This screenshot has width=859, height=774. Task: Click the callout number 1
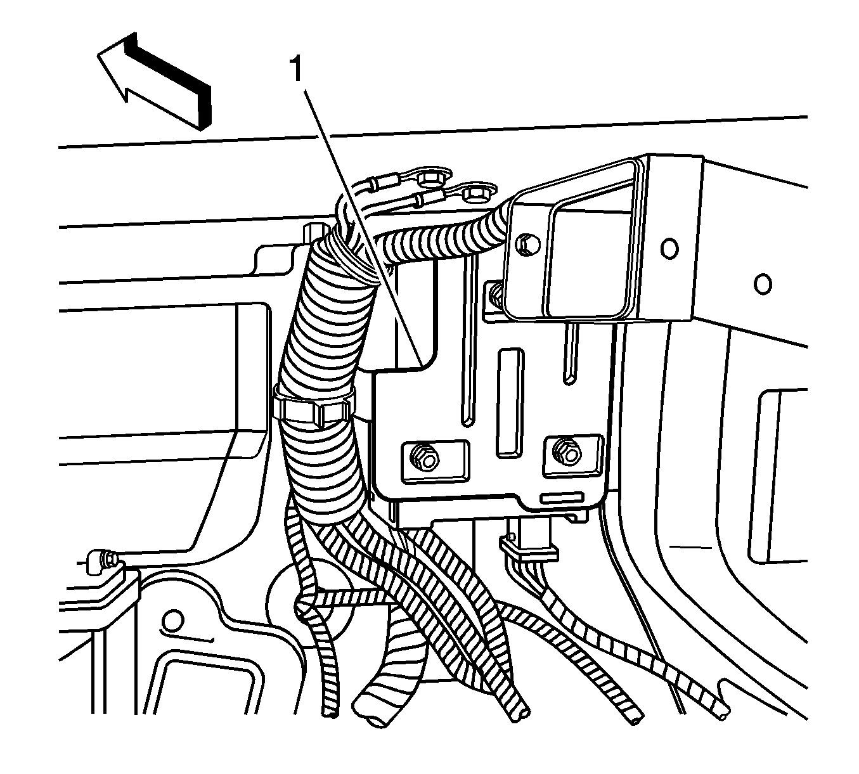[296, 69]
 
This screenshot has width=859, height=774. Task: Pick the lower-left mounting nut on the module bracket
[423, 458]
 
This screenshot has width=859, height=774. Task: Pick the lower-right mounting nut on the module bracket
[567, 452]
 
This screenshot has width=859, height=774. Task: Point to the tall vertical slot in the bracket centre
[510, 403]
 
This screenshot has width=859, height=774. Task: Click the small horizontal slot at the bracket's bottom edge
[562, 498]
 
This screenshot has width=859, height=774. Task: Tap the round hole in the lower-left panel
[173, 620]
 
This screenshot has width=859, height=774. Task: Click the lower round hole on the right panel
[763, 284]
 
